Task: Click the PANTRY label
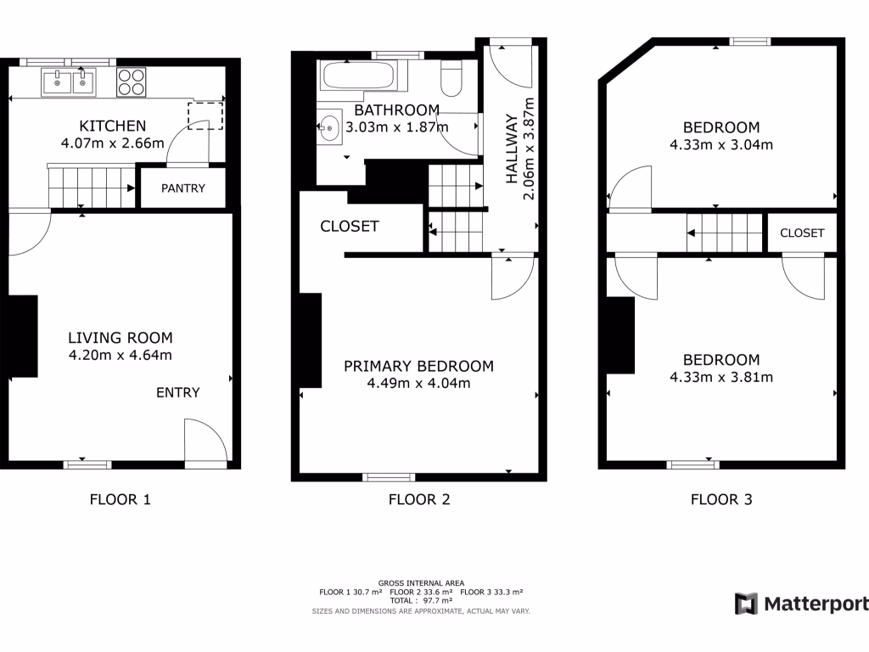tap(183, 188)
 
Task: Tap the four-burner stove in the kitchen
tap(131, 81)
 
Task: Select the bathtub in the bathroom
tap(357, 76)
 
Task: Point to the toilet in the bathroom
tap(451, 78)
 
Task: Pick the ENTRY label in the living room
tap(178, 392)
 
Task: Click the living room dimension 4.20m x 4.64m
tap(121, 356)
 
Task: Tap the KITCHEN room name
tap(114, 126)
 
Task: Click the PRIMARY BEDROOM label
tap(418, 366)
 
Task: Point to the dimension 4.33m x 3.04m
tap(720, 144)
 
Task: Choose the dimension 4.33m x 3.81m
tap(720, 377)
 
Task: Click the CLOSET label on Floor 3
tap(802, 233)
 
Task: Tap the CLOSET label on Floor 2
tap(350, 227)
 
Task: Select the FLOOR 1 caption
tap(121, 499)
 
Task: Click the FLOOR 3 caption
tap(721, 499)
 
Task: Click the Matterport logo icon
tap(746, 604)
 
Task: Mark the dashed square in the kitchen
tap(205, 113)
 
